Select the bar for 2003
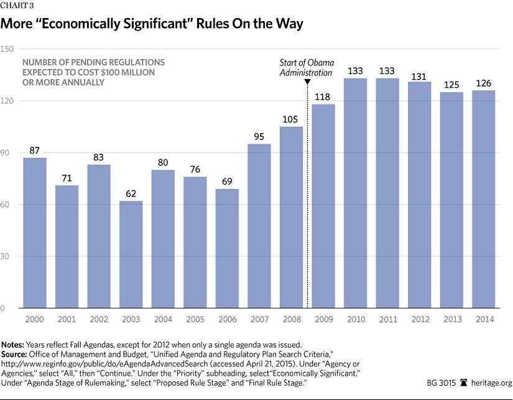coord(131,254)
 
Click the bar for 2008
coord(291,218)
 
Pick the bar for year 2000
coord(35,233)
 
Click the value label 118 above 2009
coord(323,97)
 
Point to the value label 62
coord(131,193)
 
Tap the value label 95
coord(259,137)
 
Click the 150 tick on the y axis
coord(7,49)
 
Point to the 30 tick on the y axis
coord(7,256)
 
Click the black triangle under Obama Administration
coord(307,82)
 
